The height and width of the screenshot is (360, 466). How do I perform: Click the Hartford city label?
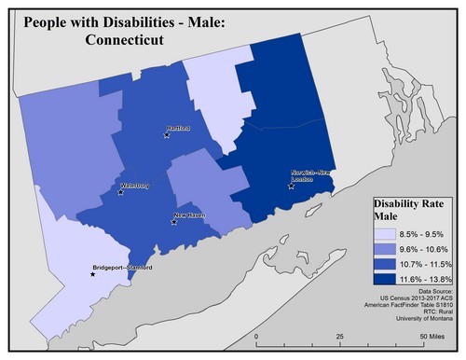(177, 128)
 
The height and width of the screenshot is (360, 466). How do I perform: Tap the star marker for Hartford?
(167, 135)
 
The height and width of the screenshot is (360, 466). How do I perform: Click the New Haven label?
(190, 216)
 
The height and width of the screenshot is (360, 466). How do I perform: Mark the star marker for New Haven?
(174, 223)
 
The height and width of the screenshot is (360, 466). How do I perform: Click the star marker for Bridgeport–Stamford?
(92, 274)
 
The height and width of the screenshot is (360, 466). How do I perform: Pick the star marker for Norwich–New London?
(292, 186)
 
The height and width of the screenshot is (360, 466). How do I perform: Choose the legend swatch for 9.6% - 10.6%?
(386, 251)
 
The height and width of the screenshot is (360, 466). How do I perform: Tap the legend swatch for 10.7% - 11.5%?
(386, 265)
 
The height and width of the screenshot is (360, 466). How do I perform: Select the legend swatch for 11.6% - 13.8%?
(386, 279)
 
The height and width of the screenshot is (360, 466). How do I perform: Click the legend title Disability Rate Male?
(406, 210)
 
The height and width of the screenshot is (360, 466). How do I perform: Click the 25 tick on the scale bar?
(340, 336)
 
